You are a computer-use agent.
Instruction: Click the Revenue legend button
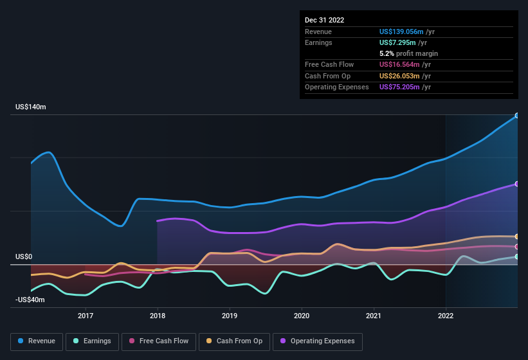click(37, 341)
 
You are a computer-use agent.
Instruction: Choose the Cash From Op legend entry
click(234, 341)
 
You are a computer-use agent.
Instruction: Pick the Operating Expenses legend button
click(318, 341)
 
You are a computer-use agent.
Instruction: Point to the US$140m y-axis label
click(31, 107)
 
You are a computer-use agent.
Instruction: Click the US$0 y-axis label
click(24, 256)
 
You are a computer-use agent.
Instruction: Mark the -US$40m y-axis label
click(30, 300)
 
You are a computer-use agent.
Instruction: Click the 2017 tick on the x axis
click(86, 316)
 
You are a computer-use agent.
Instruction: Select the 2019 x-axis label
click(230, 316)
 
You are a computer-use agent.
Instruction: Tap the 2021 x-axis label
click(374, 316)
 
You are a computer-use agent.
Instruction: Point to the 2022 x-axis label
click(446, 316)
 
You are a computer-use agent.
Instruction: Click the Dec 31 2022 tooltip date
click(325, 20)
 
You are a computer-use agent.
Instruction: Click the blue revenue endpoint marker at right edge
click(517, 116)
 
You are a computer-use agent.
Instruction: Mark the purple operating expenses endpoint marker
click(517, 184)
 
